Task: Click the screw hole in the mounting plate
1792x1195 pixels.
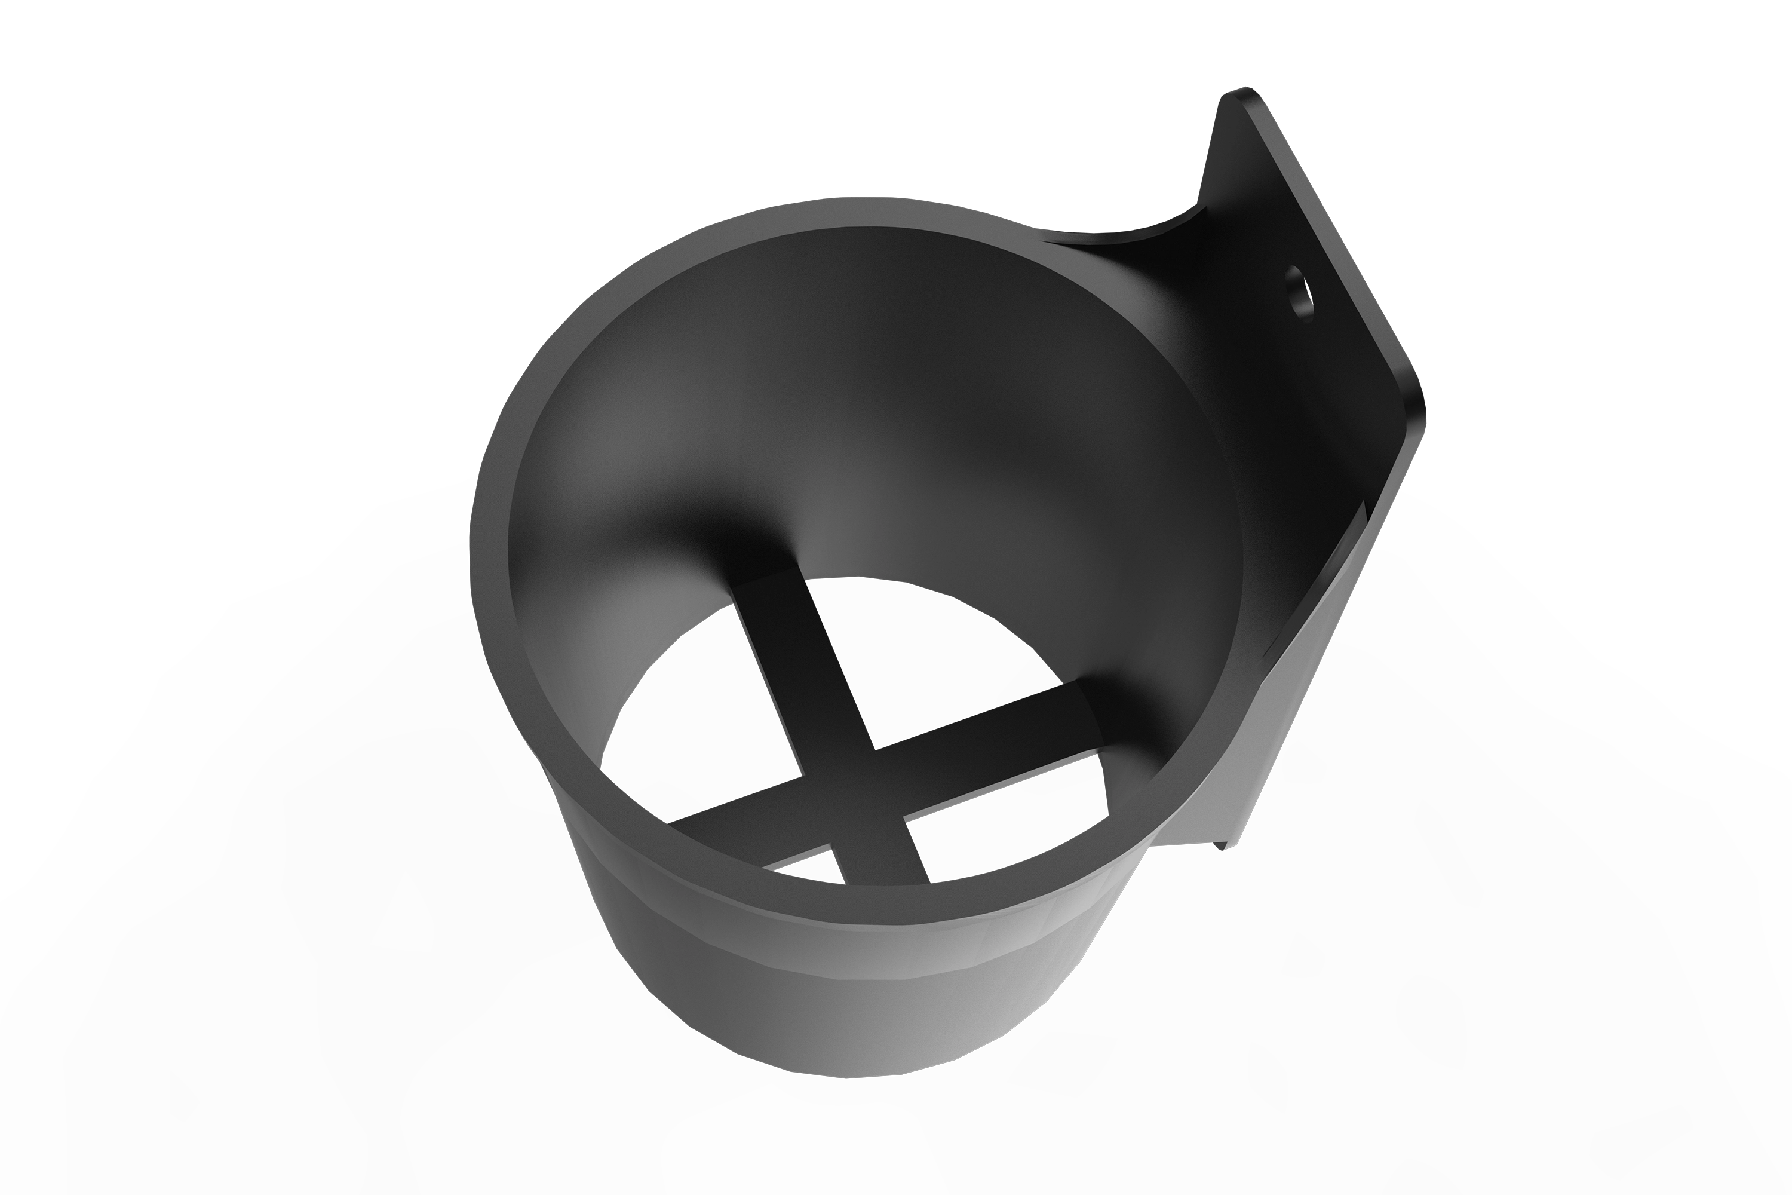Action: tap(1302, 304)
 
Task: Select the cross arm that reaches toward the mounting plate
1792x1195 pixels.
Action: tap(990, 720)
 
